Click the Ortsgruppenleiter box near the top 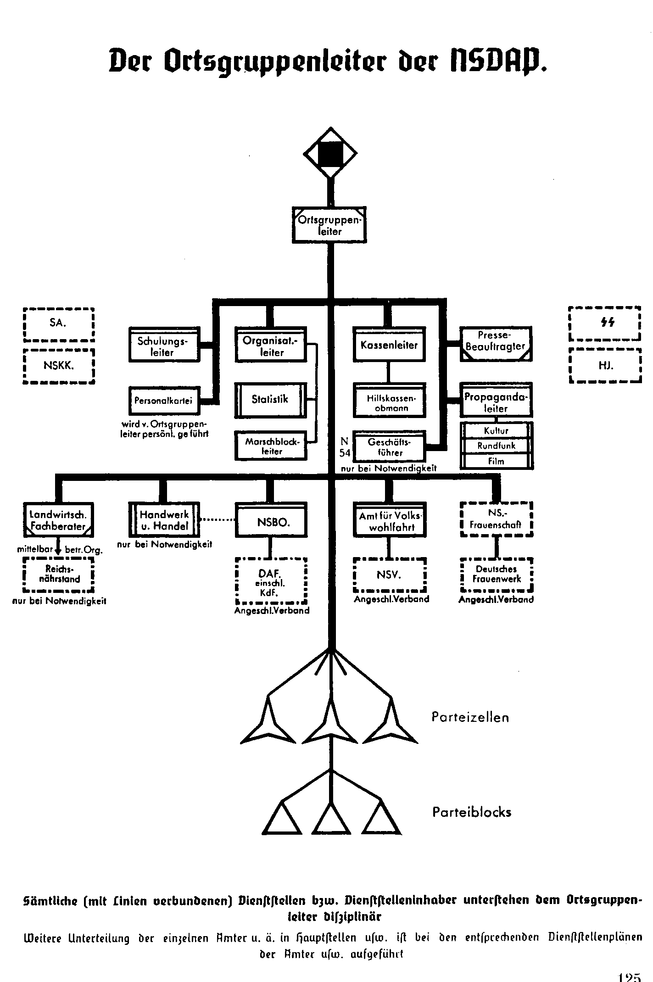click(x=329, y=225)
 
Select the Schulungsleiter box click(x=164, y=345)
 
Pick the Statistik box click(x=270, y=400)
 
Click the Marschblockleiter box click(x=271, y=446)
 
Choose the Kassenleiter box click(x=389, y=344)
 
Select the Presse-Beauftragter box click(x=496, y=343)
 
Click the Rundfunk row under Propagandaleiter click(x=497, y=446)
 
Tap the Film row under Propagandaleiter click(x=497, y=461)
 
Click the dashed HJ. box click(x=604, y=366)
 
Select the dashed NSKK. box click(x=58, y=366)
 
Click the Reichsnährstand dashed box click(x=58, y=575)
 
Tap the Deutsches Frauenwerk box click(x=497, y=575)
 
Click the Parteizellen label click(x=470, y=717)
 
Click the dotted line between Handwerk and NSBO click(x=218, y=520)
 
